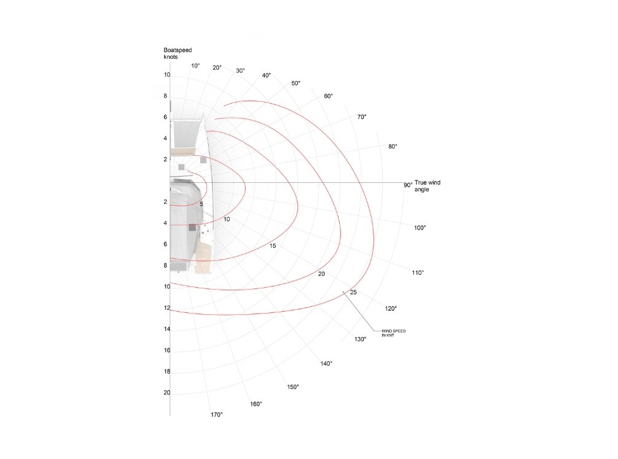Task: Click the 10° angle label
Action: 195,66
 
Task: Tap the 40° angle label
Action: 267,75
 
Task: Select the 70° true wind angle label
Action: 362,117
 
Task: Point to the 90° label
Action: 408,185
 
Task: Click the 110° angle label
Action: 418,273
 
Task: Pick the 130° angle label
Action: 360,339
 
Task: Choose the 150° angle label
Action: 293,387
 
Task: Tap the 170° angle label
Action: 216,415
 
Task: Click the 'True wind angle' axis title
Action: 428,186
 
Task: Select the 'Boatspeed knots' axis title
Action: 178,53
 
